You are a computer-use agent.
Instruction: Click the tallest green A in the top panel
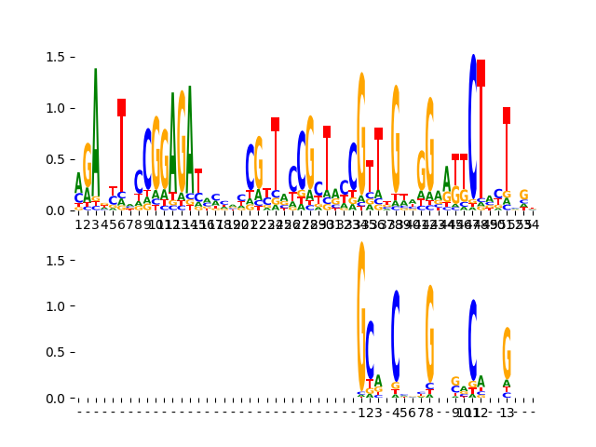pos(96,130)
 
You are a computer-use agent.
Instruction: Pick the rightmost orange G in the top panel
pos(523,196)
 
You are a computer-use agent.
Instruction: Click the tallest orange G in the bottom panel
pos(361,317)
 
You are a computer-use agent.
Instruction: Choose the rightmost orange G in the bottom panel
pos(507,352)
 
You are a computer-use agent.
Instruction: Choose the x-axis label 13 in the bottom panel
pos(507,413)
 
